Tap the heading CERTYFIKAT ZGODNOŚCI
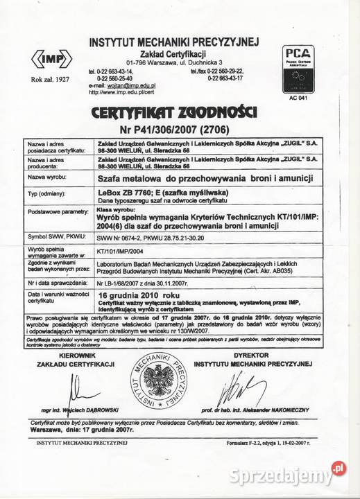pos(180,112)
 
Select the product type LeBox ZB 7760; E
pos(139,192)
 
